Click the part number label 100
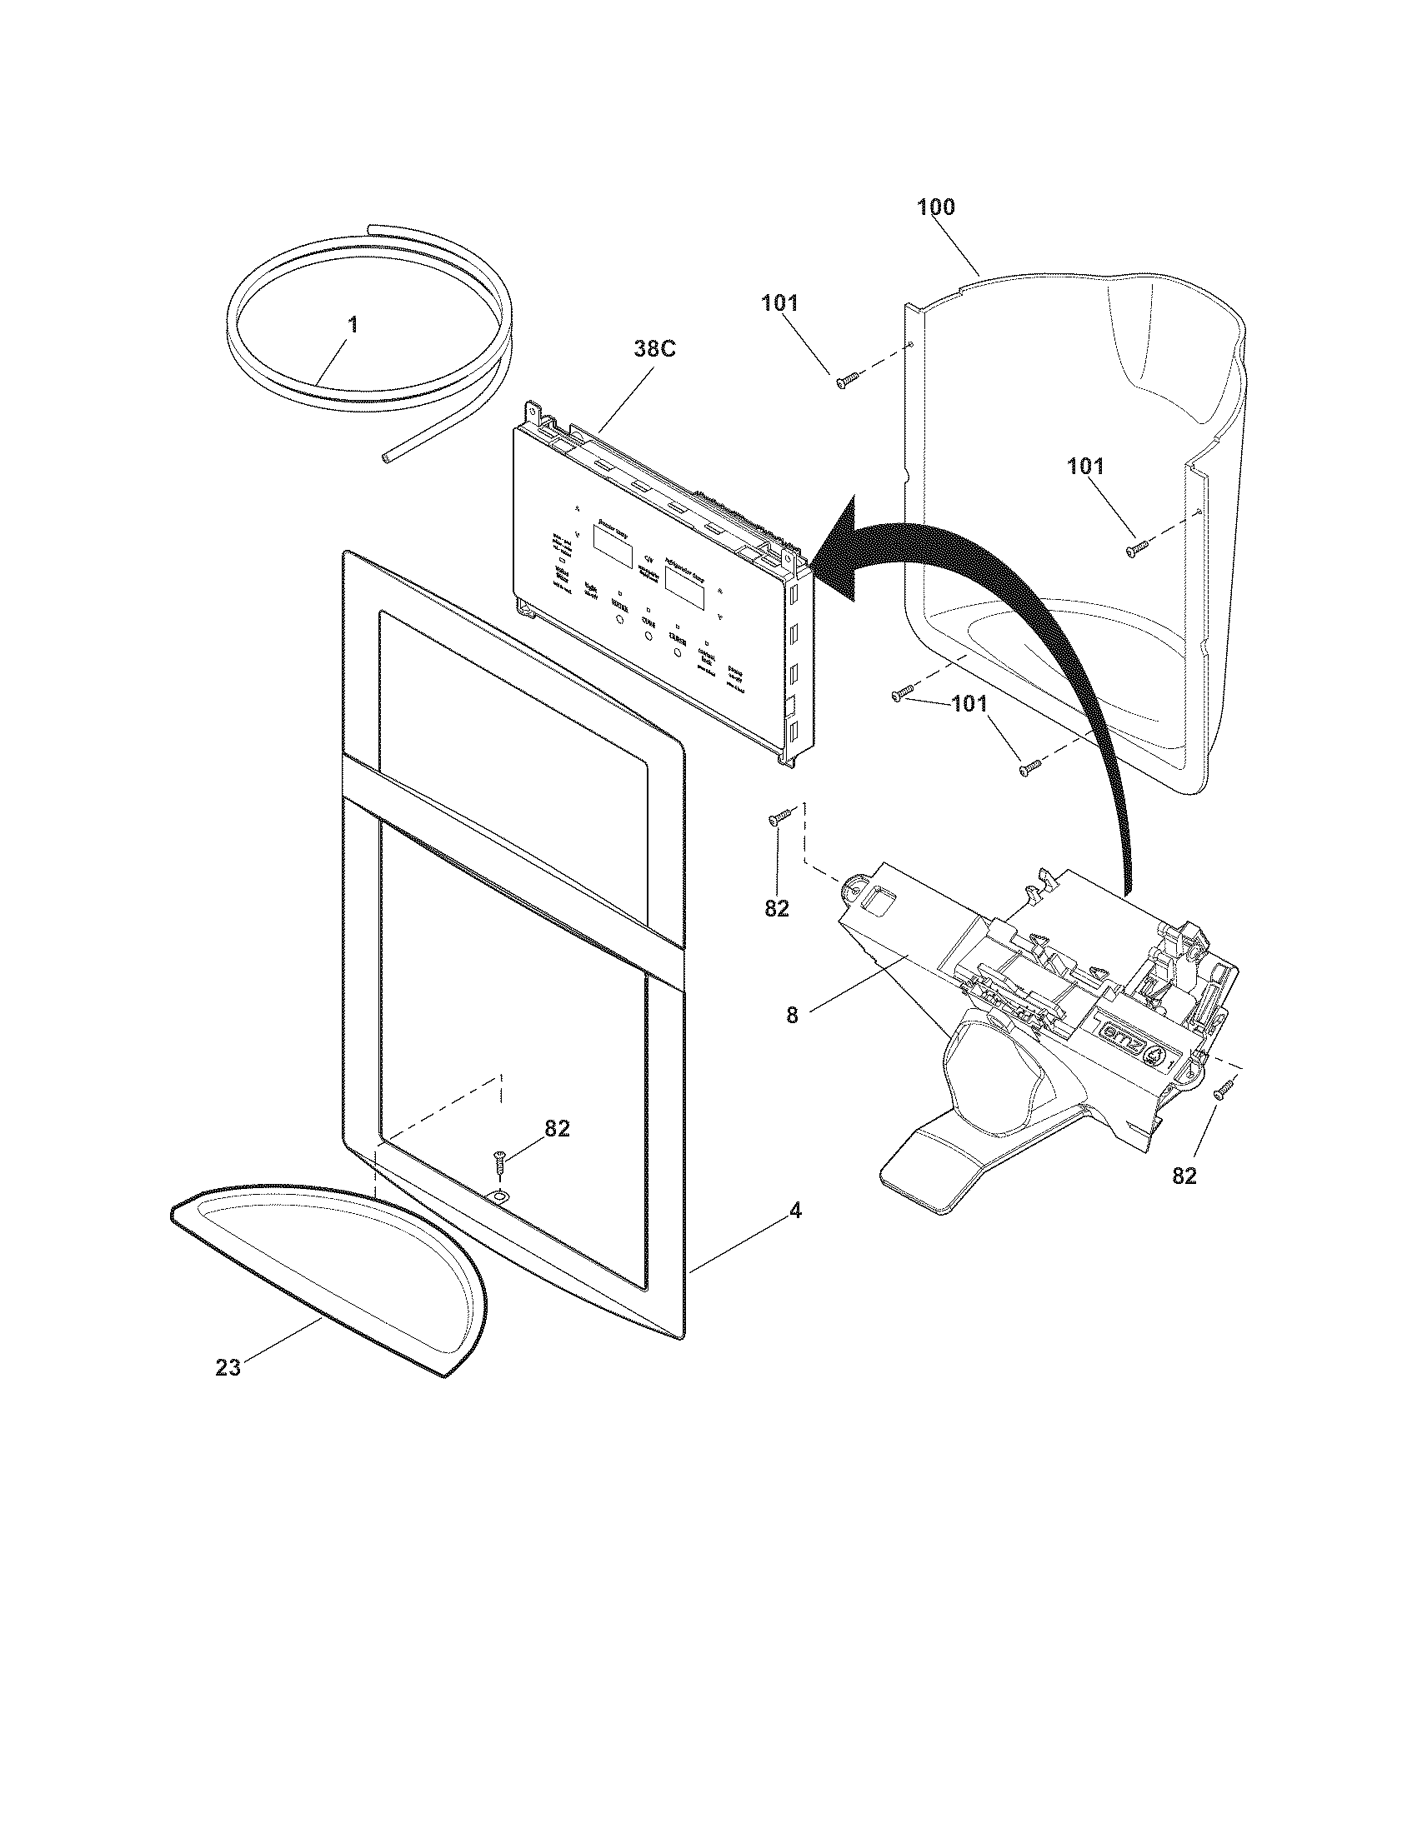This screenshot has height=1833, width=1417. [935, 207]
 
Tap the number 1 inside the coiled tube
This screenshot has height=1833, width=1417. [353, 325]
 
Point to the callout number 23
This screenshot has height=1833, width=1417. [228, 1367]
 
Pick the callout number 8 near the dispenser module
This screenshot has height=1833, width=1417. [792, 1015]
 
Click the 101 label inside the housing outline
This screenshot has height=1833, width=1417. [1085, 467]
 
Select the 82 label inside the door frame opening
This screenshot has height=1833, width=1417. [558, 1129]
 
